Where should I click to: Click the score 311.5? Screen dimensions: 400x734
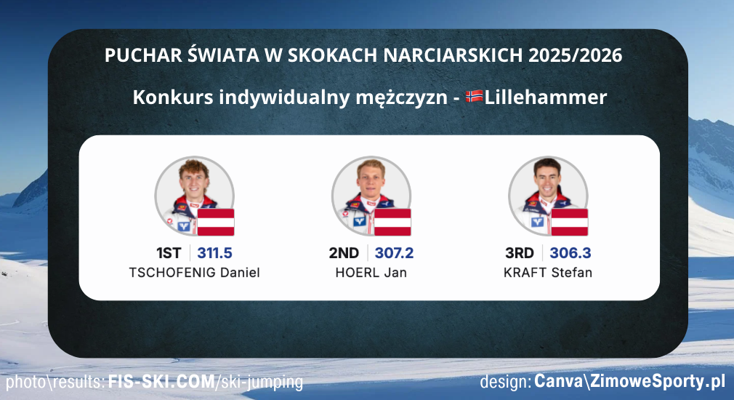coord(214,253)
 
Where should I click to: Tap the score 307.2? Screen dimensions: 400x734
coord(394,253)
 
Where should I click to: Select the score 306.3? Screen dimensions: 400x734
coord(570,253)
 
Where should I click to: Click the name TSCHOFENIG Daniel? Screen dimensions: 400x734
coord(194,273)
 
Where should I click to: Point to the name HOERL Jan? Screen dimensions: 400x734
coord(371,273)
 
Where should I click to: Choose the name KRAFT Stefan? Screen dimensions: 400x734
coord(548,273)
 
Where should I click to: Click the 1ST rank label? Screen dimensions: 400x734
coord(169,253)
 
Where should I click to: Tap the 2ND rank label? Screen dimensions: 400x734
coord(344,253)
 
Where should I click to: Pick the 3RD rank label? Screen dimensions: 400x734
coord(520,253)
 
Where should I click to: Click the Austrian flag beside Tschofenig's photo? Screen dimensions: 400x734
coord(217,222)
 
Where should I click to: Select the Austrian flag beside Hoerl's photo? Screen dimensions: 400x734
coord(393,222)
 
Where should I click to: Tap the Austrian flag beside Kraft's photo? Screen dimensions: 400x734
coord(570,222)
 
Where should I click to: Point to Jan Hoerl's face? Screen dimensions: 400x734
coord(370,183)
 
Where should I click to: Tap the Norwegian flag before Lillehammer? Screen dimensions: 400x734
coord(475,97)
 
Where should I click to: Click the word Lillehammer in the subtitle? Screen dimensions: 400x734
coord(545,97)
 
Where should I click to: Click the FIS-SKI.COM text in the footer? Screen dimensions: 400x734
coord(161,382)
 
